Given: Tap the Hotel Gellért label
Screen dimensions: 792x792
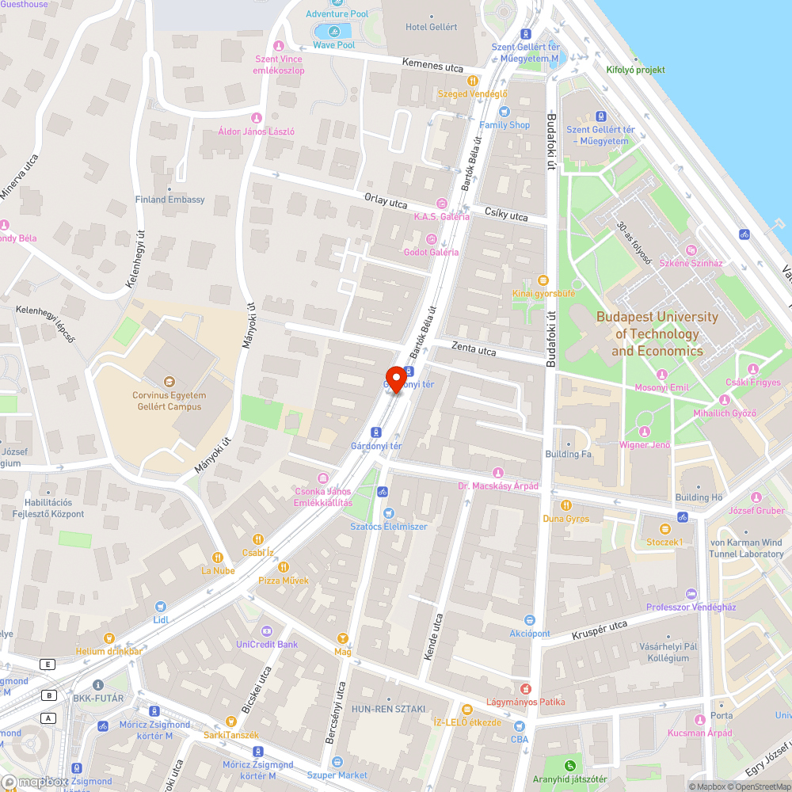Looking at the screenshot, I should coord(432,27).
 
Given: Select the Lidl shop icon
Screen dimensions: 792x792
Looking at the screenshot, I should coord(161,606).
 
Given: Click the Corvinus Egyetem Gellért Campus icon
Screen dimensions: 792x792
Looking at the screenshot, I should coord(168,382).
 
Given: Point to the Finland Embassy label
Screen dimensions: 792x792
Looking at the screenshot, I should coord(169,200).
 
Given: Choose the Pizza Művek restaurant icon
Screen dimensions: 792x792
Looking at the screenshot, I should coord(284,567).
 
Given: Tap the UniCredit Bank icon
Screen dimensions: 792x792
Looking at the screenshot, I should coord(266,630).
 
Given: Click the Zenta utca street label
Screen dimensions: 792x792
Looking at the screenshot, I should coord(474,348).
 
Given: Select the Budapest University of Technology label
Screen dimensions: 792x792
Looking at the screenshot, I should coord(657,333).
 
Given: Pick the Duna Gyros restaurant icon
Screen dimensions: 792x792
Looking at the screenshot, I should coord(565,505).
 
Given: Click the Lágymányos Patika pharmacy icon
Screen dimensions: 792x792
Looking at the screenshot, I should coord(523,688).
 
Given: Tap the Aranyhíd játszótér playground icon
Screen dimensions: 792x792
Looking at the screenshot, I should coord(569,765).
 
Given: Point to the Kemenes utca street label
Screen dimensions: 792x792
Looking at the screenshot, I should coord(432,67).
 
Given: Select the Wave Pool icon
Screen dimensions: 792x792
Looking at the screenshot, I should coord(333,32).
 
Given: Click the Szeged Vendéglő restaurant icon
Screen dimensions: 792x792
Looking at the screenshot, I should coord(473,80).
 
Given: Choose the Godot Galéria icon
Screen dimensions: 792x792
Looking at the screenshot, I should coord(432,238).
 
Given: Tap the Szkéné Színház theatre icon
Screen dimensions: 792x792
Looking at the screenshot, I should coord(691,250).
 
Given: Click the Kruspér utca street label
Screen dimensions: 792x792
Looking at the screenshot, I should coord(600,630).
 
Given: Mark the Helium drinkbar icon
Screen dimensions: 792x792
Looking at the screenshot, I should coord(109,638).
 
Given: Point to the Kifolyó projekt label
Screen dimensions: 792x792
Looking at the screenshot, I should coord(635,70).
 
